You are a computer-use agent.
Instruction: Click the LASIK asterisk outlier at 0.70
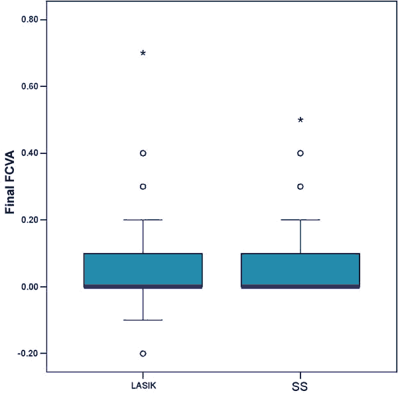click(x=143, y=53)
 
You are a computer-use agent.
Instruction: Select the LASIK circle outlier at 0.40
click(x=143, y=153)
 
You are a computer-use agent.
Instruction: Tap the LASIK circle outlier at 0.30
click(x=143, y=187)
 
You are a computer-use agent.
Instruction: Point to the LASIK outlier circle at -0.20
click(x=143, y=353)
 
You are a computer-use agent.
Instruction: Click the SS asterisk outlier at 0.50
click(x=300, y=120)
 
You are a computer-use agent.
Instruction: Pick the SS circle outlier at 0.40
click(x=300, y=153)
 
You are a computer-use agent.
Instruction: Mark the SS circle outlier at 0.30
click(x=300, y=187)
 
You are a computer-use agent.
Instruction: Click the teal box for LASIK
click(x=143, y=270)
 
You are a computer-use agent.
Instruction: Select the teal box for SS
click(x=300, y=270)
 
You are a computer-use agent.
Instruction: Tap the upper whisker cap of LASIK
click(x=143, y=219)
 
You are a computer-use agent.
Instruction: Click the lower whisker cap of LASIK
click(x=143, y=320)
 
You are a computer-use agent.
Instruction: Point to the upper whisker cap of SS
click(x=300, y=219)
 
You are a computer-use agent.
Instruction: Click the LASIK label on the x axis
click(x=143, y=385)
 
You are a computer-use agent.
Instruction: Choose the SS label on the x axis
click(x=300, y=386)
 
